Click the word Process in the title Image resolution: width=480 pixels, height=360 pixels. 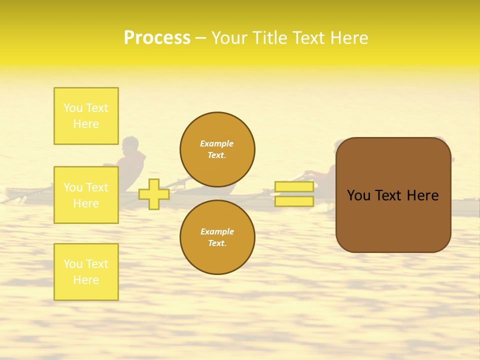tap(157, 38)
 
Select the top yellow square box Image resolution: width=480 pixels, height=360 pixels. tap(86, 116)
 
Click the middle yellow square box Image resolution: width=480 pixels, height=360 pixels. tap(86, 195)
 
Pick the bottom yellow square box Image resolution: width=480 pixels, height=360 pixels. tap(86, 272)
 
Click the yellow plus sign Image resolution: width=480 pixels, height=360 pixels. tap(154, 194)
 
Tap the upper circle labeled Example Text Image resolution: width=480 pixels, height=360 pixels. tap(217, 149)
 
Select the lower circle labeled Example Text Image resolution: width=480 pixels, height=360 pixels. tap(217, 237)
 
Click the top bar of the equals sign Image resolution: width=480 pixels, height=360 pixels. tap(294, 187)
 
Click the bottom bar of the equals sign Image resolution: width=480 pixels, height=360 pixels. tap(294, 201)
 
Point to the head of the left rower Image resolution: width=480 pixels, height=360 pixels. tap(131, 145)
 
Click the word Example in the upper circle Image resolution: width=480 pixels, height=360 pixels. tap(217, 143)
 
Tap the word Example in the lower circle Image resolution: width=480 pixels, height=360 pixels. tap(217, 231)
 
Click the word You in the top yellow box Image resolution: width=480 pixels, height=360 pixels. tap(73, 108)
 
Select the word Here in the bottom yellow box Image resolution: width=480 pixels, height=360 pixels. tap(86, 280)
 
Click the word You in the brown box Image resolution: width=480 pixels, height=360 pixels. tap(359, 195)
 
